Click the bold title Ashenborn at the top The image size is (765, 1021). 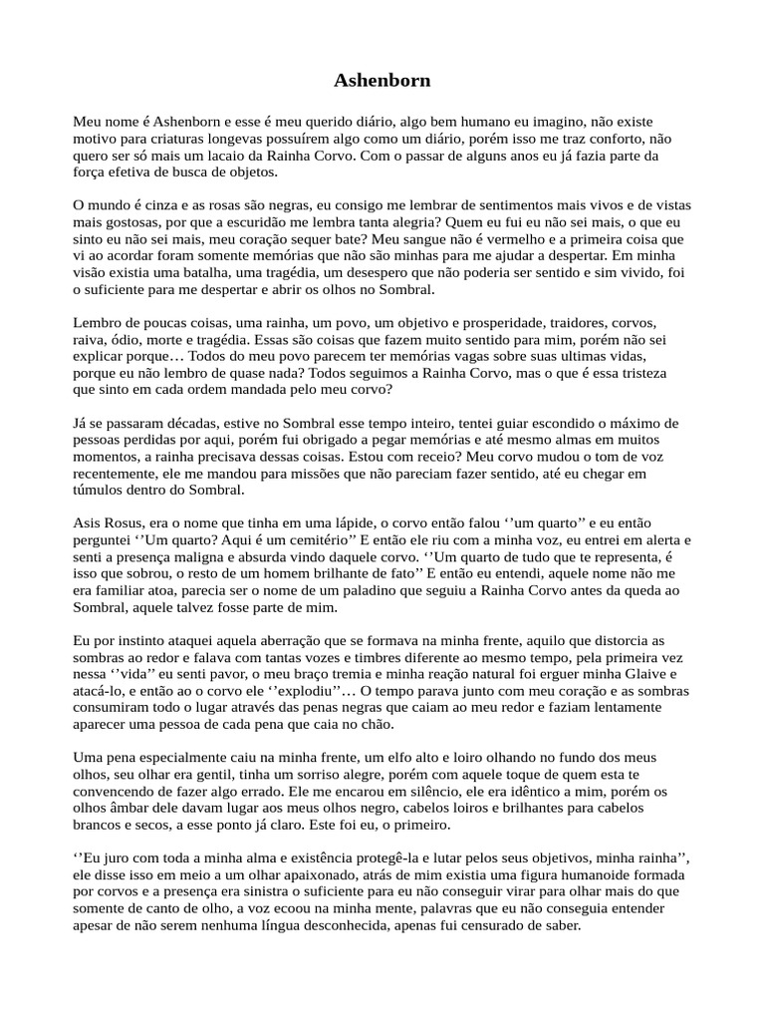pyautogui.click(x=382, y=79)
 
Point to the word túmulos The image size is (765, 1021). pyautogui.click(x=103, y=491)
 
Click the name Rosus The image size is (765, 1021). pyautogui.click(x=126, y=522)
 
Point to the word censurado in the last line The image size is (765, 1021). pyautogui.click(x=498, y=924)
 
